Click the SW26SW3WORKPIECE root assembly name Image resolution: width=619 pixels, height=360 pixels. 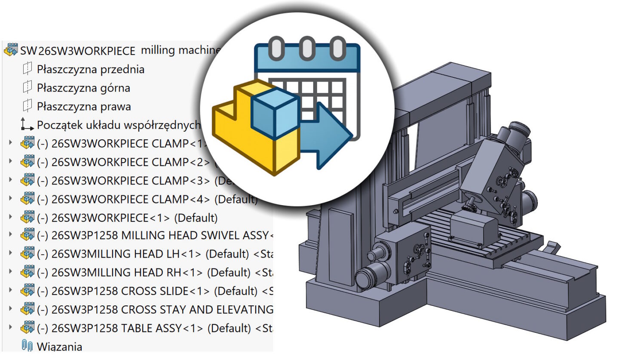coord(77,51)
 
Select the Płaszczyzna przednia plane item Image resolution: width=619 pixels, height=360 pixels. coord(90,69)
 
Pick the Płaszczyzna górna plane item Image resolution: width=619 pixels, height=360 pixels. coord(83,88)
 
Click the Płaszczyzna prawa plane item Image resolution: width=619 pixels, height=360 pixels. coord(84,107)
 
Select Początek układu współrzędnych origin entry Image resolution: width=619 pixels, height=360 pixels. coord(119,125)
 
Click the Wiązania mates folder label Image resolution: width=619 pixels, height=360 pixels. coord(59,346)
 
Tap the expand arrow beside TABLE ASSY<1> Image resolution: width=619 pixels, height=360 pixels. coord(11,328)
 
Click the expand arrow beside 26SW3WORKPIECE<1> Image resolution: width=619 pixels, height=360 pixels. coord(11,217)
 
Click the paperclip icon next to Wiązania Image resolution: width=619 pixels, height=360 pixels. coord(27,346)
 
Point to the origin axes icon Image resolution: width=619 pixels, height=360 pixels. coord(27,125)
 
